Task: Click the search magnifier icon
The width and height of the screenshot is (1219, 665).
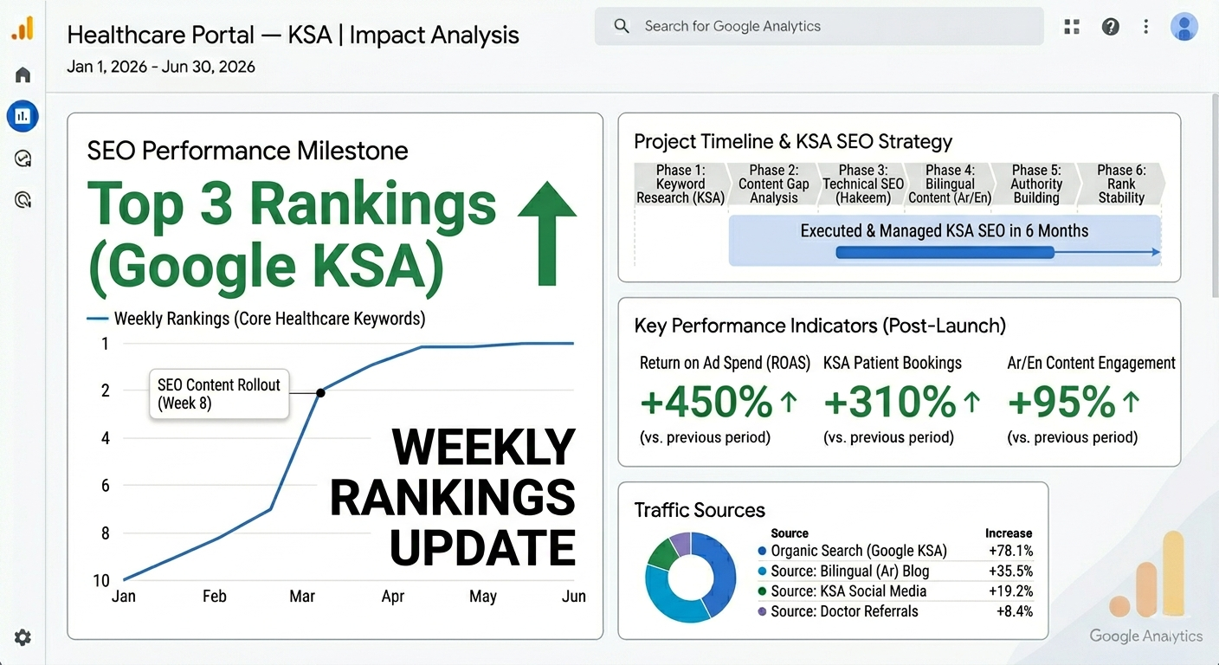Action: coord(621,26)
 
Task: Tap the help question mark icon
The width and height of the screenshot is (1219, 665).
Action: coord(1110,26)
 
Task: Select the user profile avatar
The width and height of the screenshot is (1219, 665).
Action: coord(1184,26)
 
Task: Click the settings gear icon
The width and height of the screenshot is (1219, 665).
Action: coord(23,637)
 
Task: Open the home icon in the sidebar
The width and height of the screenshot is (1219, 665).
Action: coord(23,74)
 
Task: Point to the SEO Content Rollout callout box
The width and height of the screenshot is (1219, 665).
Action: coord(219,394)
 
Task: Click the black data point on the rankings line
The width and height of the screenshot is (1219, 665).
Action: coord(320,392)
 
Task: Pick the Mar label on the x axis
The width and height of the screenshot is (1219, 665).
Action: coord(302,597)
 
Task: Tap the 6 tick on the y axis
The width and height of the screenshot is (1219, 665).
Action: coord(106,486)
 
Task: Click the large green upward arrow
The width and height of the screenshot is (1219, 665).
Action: coord(547,233)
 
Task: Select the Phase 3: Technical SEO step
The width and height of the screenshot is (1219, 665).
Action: coord(863,184)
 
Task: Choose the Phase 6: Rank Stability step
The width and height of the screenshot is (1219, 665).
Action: coord(1121,184)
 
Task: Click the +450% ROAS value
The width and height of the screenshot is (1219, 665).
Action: coord(706,402)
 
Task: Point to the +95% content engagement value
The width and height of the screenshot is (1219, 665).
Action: coord(1061,402)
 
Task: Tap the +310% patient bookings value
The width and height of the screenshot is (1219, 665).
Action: coord(890,402)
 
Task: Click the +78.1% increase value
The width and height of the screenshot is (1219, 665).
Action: coord(1010,551)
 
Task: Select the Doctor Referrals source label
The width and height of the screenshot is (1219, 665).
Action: coord(845,611)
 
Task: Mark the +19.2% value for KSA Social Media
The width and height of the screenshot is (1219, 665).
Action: coord(1010,591)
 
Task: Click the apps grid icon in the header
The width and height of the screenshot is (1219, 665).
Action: coord(1072,26)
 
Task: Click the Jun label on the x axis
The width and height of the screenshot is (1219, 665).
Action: coord(574,597)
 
